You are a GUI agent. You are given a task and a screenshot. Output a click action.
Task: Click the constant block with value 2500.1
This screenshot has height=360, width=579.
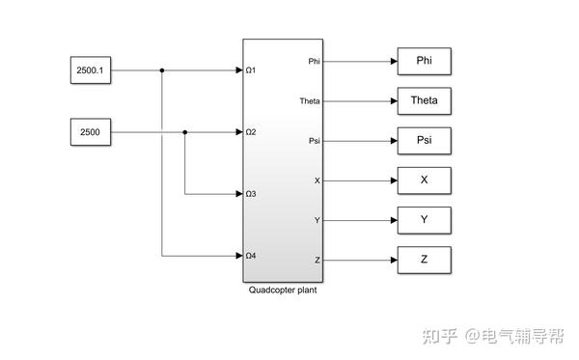91,70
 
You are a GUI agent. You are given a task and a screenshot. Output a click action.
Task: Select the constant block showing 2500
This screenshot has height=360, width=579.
91,132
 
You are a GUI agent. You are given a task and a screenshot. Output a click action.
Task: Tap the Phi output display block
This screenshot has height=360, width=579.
424,61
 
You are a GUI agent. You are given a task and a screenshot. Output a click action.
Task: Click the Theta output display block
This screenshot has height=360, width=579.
424,100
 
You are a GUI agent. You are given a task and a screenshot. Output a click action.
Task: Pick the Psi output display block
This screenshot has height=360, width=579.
424,140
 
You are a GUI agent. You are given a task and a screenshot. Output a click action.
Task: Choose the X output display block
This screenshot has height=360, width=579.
424,180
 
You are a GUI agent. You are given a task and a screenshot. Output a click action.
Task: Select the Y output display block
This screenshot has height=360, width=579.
424,219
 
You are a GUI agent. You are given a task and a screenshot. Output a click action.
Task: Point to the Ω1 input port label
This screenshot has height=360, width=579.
250,70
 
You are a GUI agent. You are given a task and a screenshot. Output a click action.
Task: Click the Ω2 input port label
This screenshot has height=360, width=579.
250,132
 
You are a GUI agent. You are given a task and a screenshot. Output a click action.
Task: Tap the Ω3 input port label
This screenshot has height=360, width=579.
250,194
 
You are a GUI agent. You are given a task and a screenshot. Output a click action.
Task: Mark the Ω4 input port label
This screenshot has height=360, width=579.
250,256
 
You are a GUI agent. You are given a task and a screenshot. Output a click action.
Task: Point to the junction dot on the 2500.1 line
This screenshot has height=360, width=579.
161,70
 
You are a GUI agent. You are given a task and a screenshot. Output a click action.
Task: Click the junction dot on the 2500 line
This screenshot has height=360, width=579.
184,132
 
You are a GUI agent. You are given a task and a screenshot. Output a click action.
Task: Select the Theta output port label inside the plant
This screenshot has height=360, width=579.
310,100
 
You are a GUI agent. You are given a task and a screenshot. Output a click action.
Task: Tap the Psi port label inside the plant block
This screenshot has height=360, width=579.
314,141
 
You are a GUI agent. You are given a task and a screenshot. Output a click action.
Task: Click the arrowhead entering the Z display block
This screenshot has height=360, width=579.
393,260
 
